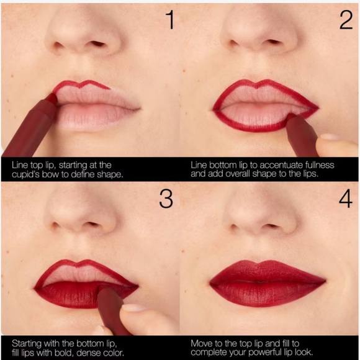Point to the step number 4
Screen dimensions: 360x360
(346, 199)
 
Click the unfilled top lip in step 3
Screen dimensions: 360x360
(87, 271)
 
